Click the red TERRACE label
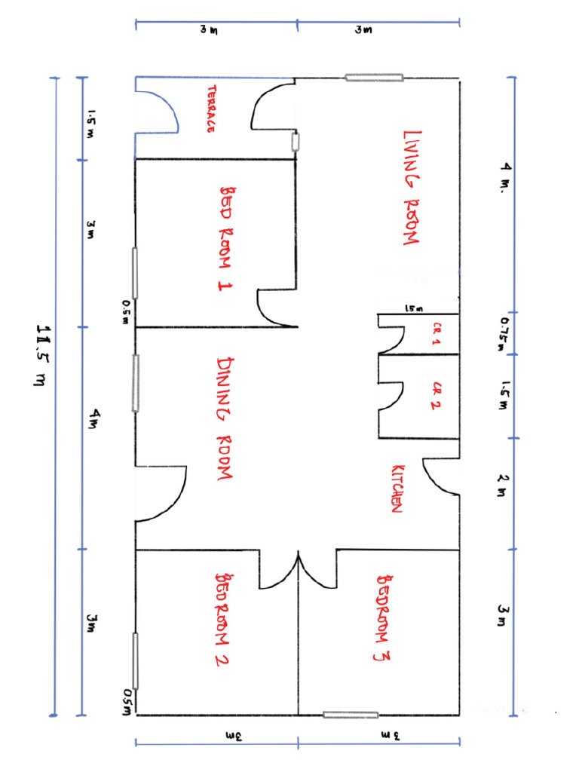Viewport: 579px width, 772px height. click(x=212, y=109)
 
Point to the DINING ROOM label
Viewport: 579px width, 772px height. click(x=225, y=419)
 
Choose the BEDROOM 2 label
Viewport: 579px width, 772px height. click(x=224, y=620)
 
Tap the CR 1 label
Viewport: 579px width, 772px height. click(x=437, y=334)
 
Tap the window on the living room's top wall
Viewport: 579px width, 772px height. click(x=374, y=77)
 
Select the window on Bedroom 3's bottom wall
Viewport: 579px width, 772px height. click(x=351, y=715)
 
